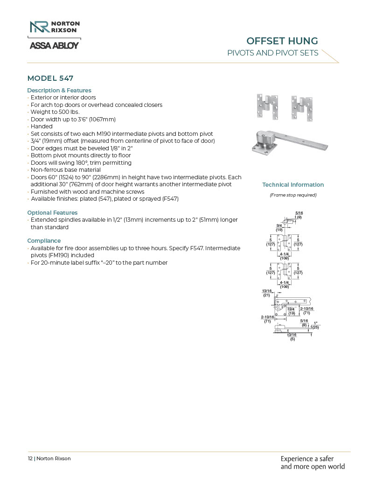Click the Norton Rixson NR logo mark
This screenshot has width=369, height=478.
[x=39, y=27]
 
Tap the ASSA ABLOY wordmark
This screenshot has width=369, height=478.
[x=54, y=45]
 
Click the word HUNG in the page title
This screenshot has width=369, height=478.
[x=303, y=41]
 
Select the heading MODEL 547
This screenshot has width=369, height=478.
[x=50, y=78]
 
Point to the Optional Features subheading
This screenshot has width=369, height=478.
[x=52, y=213]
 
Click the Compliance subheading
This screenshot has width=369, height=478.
[x=44, y=241]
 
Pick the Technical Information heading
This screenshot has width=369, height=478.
[x=293, y=185]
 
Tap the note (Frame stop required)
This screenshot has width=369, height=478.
[x=293, y=195]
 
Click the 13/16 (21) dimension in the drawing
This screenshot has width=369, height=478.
[x=266, y=293]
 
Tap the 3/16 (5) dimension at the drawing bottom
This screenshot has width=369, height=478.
[x=292, y=337]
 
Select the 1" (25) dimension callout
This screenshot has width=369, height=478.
[x=315, y=325]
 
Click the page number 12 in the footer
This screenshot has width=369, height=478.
[x=30, y=458]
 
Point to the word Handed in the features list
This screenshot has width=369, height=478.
[x=42, y=127]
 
